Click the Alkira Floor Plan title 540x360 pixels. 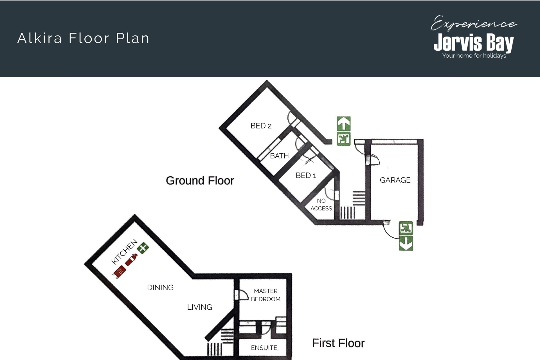coord(83,38)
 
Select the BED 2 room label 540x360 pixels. coord(261,126)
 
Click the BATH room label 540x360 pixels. coord(279,156)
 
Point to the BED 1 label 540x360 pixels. coord(306,175)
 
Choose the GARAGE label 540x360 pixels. coord(395,180)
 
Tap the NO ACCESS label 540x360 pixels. coord(321,204)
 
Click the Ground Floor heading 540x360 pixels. coord(200,181)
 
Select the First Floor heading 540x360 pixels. coord(338,343)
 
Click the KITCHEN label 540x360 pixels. coord(124,252)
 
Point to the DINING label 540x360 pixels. coord(160,287)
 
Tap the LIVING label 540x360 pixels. coord(200,307)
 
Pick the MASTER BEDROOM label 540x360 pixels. coord(266,295)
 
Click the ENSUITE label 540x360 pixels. coord(264,348)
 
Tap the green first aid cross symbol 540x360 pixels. coord(143,248)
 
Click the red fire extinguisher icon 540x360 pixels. coord(131,260)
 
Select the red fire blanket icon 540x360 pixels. coord(119,272)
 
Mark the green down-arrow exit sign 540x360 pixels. coord(406,243)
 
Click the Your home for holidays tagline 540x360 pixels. coord(474,56)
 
